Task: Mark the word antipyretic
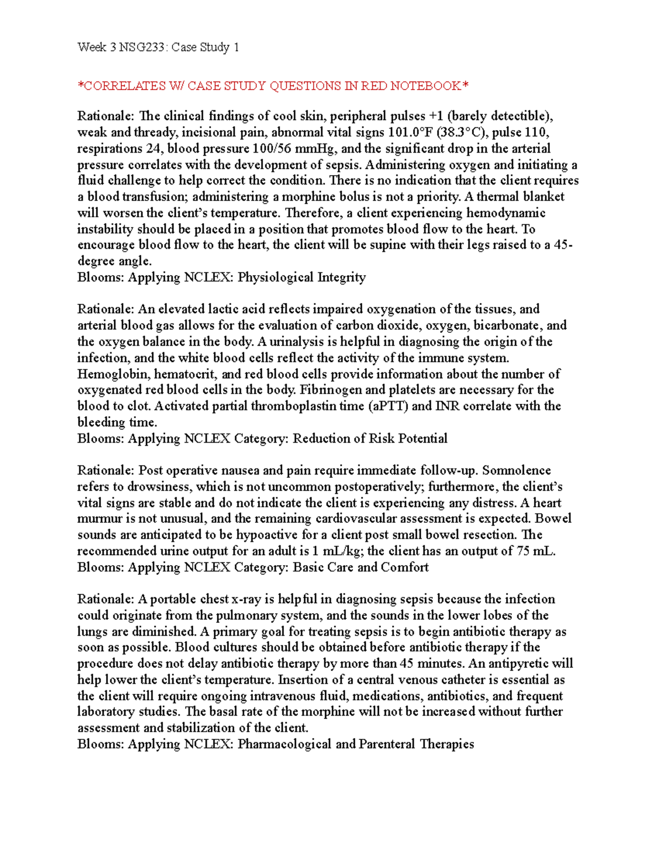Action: pos(519,664)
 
